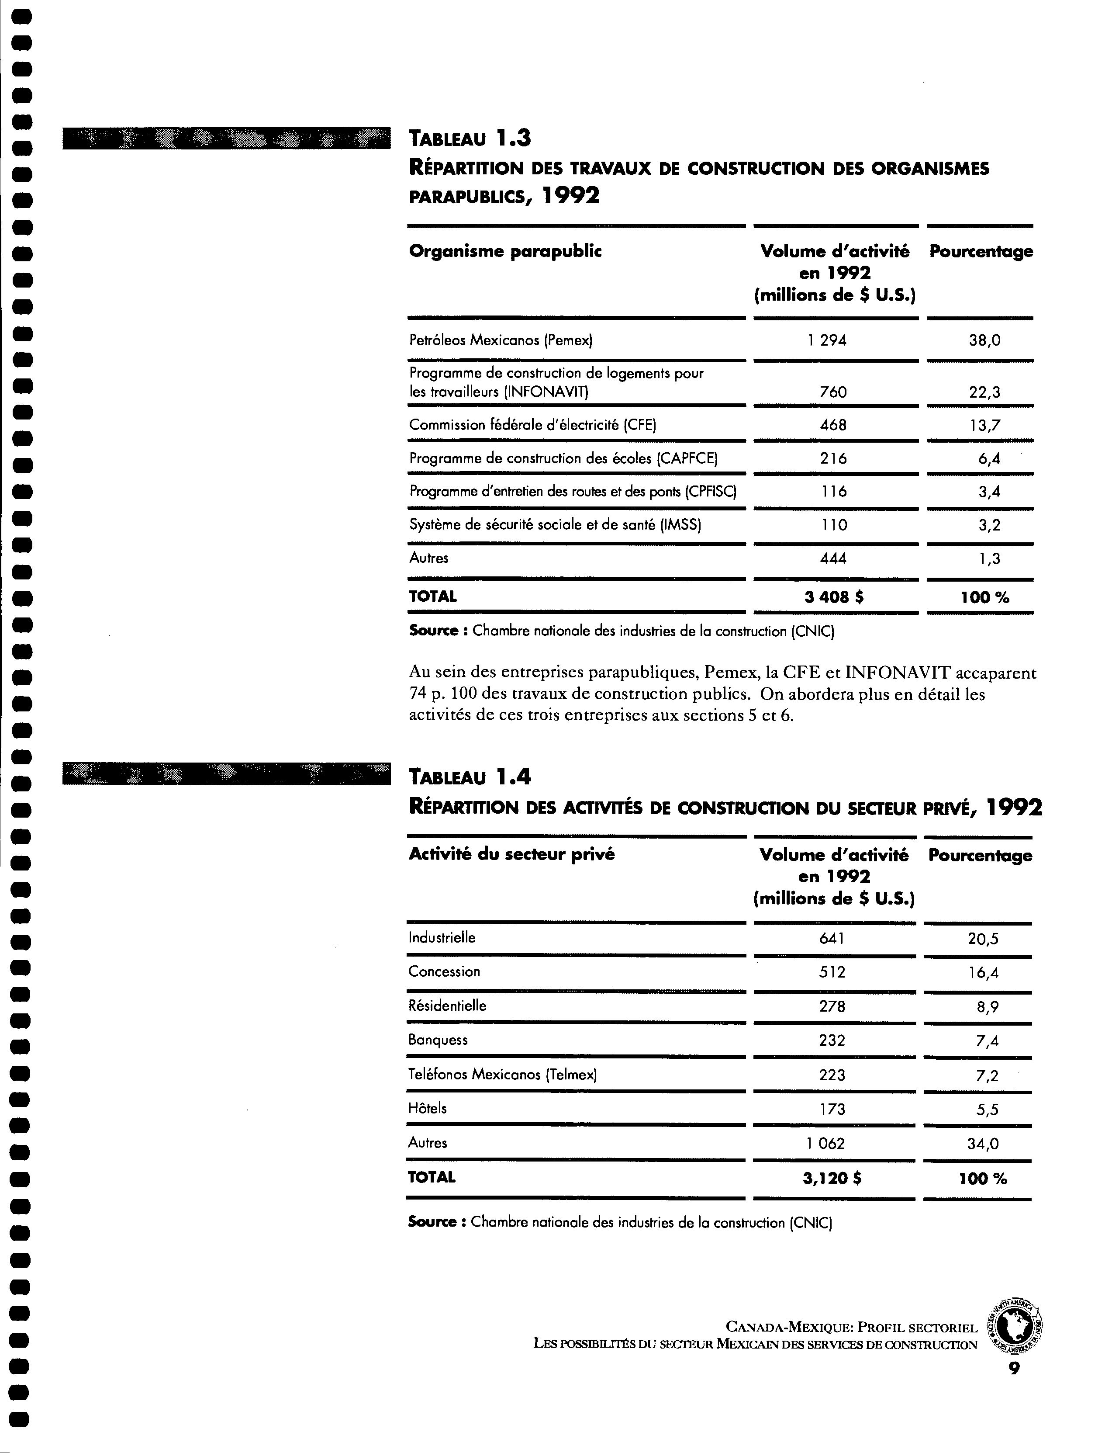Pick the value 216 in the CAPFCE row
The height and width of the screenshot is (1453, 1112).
[832, 458]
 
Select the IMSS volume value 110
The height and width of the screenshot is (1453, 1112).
[832, 525]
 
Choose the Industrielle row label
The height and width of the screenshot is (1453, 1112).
[442, 938]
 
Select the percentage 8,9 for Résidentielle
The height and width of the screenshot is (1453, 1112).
[986, 1007]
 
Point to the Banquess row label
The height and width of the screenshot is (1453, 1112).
[438, 1040]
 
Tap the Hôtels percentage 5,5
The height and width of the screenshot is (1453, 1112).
[986, 1109]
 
